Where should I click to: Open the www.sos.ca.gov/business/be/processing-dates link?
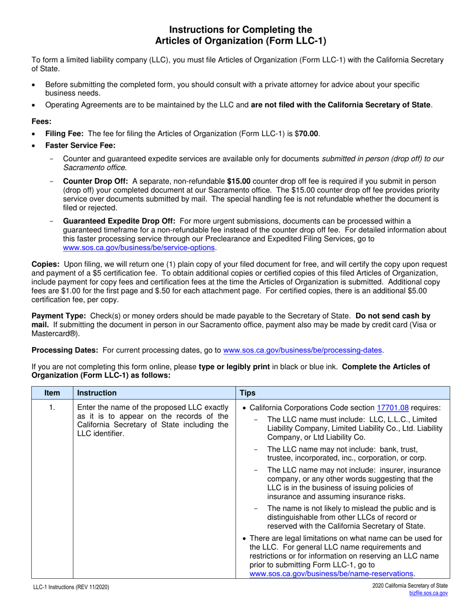(x=303, y=350)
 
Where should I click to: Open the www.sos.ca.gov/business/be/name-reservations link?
(x=331, y=573)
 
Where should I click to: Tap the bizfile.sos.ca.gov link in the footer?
(x=428, y=593)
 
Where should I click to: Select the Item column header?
(x=52, y=393)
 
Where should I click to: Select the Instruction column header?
(x=97, y=393)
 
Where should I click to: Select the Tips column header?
(x=247, y=393)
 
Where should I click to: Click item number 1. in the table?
(x=52, y=408)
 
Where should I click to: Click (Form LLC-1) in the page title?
(x=297, y=41)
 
